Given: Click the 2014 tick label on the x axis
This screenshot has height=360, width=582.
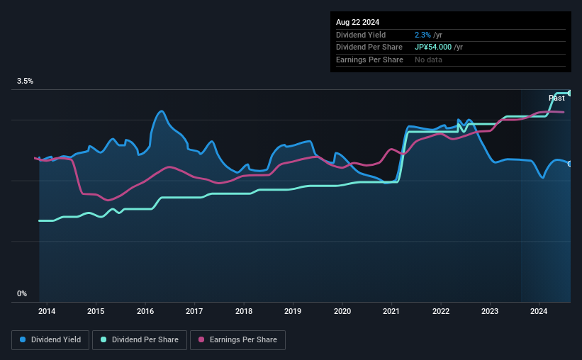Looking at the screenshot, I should pos(47,311).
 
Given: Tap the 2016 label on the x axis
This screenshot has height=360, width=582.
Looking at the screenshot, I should pos(145,311).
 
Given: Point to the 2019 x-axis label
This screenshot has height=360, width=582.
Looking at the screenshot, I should pos(293,311).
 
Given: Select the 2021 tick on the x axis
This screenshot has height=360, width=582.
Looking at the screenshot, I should pos(391,311).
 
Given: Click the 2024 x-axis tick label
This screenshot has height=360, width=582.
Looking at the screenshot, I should pos(539,311).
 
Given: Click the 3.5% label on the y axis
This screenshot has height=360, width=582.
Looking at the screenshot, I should pos(26,81).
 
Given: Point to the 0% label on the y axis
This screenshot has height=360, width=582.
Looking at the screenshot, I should pos(22,293).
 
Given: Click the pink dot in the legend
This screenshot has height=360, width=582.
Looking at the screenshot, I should pos(201,340).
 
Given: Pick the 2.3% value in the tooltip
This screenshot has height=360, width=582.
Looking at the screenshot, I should pos(422,34).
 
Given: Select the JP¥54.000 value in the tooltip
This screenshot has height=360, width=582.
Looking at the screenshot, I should pos(437,47).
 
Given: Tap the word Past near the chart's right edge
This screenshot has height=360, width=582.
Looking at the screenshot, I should pos(556,98).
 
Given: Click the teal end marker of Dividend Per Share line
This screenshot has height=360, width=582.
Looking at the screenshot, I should pos(570,93).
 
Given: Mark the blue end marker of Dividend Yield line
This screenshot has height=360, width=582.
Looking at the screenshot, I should pos(570,164).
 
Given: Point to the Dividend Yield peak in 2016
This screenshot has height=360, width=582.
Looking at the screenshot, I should pos(162,111).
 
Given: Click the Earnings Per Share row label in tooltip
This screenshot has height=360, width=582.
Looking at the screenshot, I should pos(369,60).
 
